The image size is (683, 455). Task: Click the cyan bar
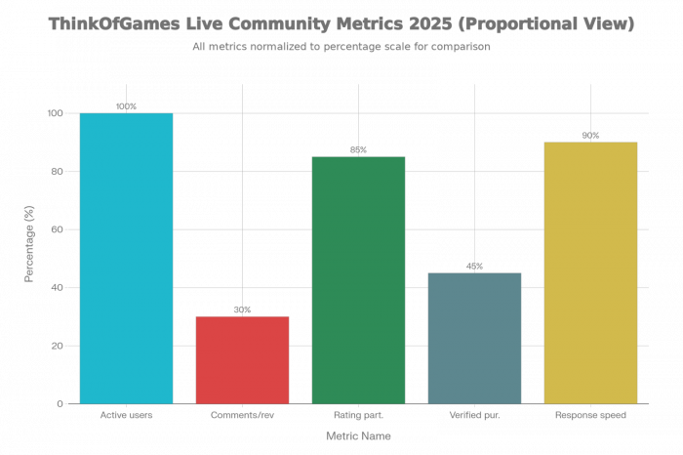pyautogui.click(x=126, y=258)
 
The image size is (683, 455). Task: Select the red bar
pyautogui.click(x=242, y=359)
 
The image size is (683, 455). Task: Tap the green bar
pyautogui.click(x=358, y=279)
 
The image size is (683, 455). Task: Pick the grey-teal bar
pyautogui.click(x=474, y=337)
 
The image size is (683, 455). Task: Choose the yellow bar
pyautogui.click(x=590, y=272)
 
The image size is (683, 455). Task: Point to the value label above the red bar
pyautogui.click(x=242, y=309)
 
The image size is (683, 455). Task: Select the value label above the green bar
pyautogui.click(x=358, y=148)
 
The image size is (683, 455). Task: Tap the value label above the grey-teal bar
pyautogui.click(x=474, y=265)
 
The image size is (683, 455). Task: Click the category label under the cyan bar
pyautogui.click(x=126, y=415)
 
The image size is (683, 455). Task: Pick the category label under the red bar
pyautogui.click(x=242, y=415)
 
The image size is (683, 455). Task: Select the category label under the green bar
pyautogui.click(x=358, y=415)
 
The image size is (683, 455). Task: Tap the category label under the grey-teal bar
pyautogui.click(x=474, y=415)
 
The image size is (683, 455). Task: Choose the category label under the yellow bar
pyautogui.click(x=590, y=415)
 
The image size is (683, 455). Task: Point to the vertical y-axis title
pyautogui.click(x=29, y=244)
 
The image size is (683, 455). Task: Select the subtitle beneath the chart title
pyautogui.click(x=341, y=46)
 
